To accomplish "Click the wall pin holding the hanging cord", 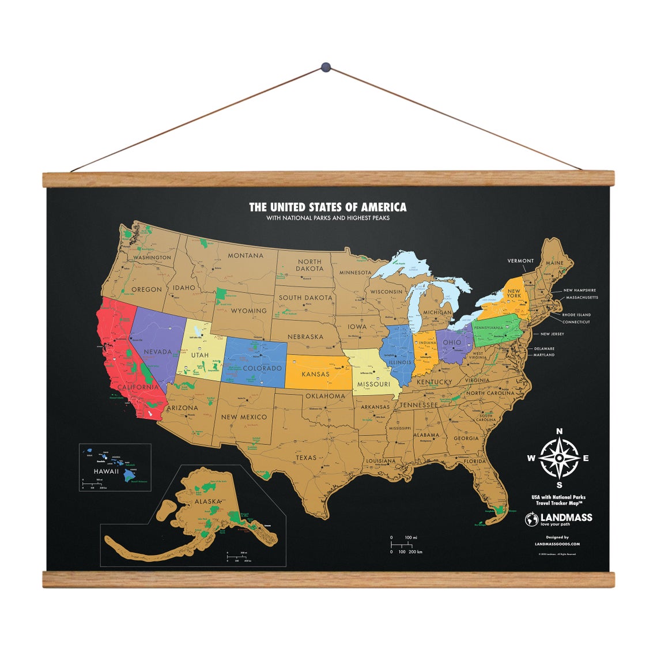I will coord(327,68).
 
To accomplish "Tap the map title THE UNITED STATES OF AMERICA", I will coord(327,207).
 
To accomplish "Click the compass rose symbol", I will coord(559,459).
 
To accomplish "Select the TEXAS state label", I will coord(307,458).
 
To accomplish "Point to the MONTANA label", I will coord(246,255).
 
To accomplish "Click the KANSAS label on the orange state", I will coord(316,374).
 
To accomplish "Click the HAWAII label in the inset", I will coord(106,471).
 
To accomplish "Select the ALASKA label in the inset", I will coord(208,501).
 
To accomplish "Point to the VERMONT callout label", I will coord(520,261).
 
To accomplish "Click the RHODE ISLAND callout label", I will coord(577,315).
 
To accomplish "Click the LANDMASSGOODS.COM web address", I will coord(557,543).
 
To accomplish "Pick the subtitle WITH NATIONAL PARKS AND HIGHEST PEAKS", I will coord(327,218).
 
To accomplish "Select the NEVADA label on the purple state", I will coord(157,352).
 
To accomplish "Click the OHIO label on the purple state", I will coord(452,342).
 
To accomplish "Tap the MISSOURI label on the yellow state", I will coord(373,384).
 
